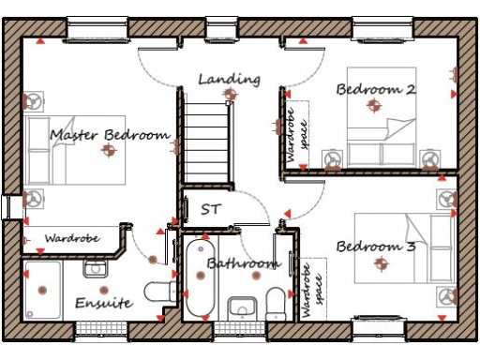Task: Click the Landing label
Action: coord(229,80)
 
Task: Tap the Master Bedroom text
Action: coord(110,135)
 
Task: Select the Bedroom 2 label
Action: coord(376,89)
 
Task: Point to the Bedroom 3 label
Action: coord(376,247)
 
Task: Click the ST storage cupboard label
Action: coord(210,209)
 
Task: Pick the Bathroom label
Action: coord(243,263)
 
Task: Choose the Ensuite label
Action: coord(104,305)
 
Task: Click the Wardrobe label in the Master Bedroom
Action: coord(72,239)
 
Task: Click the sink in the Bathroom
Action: coord(242,306)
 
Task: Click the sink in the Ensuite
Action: coord(96,269)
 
